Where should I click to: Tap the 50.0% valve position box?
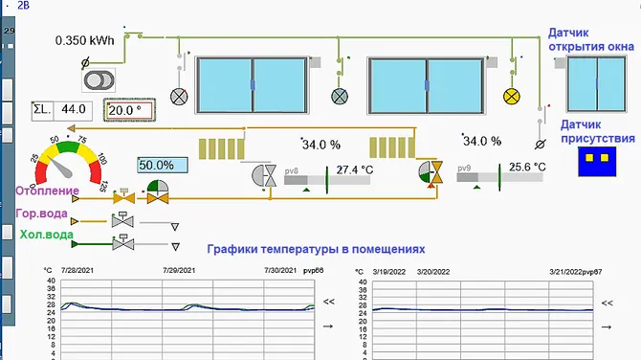(157, 165)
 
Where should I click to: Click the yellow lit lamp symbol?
(511, 96)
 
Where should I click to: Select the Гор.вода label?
(41, 214)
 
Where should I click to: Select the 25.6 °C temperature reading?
(526, 167)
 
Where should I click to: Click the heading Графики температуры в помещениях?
(315, 249)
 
